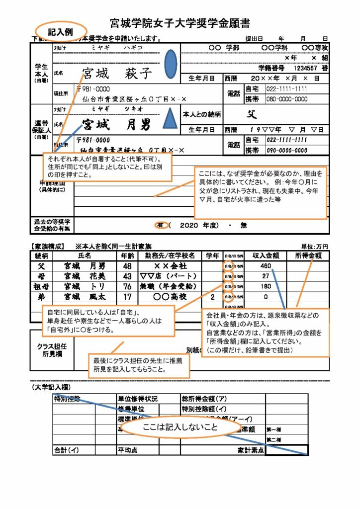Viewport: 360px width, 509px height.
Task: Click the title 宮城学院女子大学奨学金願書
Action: point(180,23)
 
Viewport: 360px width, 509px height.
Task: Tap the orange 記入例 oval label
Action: point(61,31)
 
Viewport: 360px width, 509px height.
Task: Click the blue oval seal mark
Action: point(171,61)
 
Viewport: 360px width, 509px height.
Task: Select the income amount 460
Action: point(266,266)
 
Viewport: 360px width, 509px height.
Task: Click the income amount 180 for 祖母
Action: point(266,286)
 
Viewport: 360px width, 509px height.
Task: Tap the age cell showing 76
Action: point(127,286)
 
